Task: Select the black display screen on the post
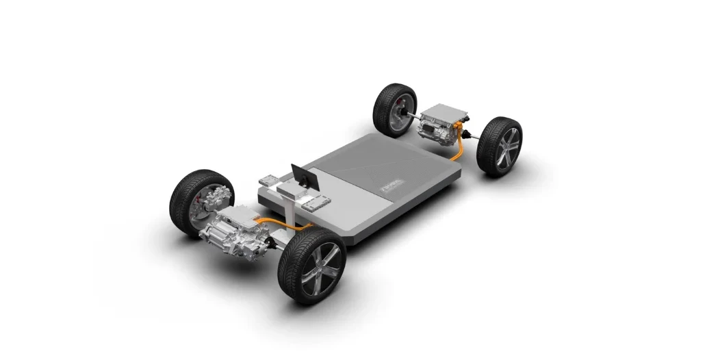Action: click(x=302, y=177)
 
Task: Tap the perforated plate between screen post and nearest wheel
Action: click(x=316, y=203)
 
